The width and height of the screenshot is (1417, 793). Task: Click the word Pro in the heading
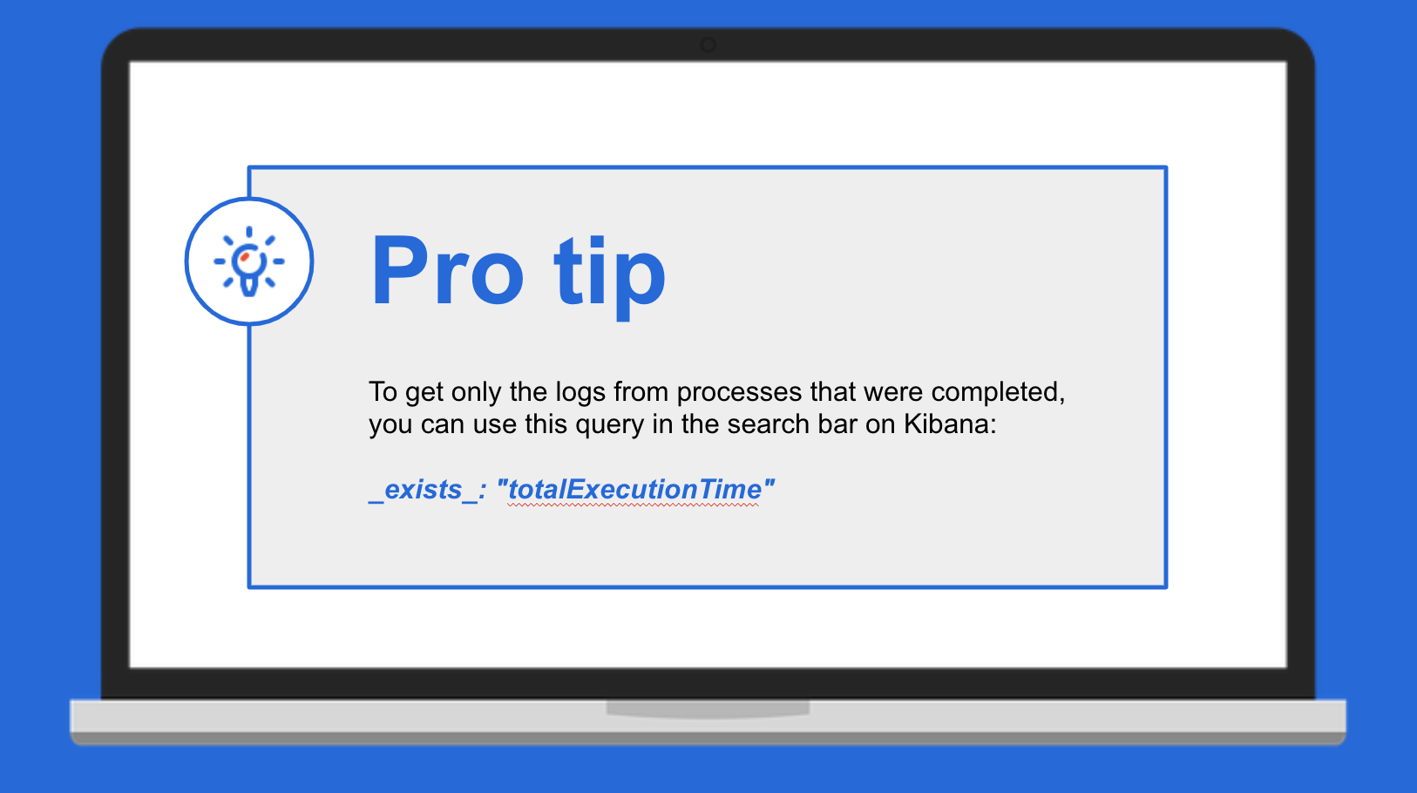click(x=447, y=271)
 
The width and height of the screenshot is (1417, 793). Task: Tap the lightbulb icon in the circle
click(x=249, y=261)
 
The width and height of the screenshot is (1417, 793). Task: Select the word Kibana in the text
click(x=950, y=424)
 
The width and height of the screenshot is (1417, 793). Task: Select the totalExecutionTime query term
click(x=634, y=490)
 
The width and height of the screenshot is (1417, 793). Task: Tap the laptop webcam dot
click(x=708, y=45)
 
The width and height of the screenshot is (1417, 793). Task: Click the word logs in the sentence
click(x=580, y=393)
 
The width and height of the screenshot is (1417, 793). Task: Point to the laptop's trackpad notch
click(x=708, y=708)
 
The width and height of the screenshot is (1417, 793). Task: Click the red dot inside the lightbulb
click(x=244, y=257)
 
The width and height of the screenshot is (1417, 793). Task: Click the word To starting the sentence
click(x=383, y=392)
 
